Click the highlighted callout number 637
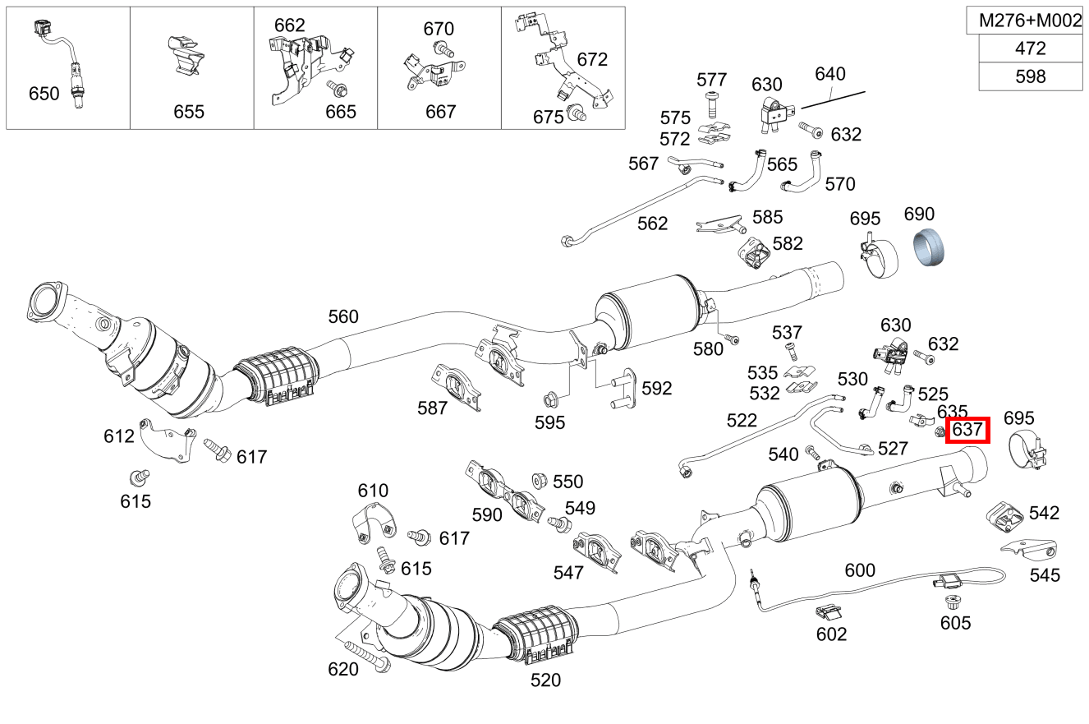tap(967, 429)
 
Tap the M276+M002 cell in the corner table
tap(1030, 21)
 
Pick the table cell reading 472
tap(1030, 48)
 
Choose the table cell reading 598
tap(1030, 76)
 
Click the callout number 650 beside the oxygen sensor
tap(44, 94)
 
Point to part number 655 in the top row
tap(188, 112)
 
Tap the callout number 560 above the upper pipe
tap(343, 316)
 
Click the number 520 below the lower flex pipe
tap(545, 680)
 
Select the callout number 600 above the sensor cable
tap(860, 570)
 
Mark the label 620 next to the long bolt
tap(343, 669)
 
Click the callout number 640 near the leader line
tap(829, 74)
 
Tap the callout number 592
tap(656, 388)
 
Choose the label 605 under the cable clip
tap(956, 623)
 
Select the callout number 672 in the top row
tap(592, 59)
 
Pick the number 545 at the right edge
tap(1045, 575)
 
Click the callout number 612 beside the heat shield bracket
tap(119, 436)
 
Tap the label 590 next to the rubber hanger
tap(487, 515)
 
